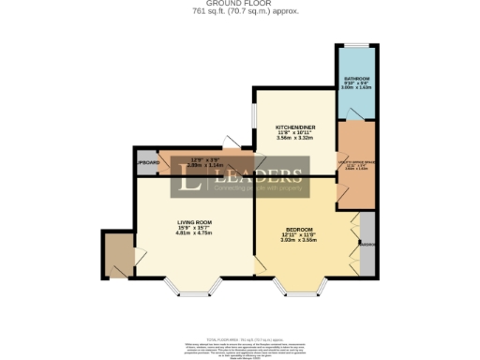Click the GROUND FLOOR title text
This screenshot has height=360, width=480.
coord(239,5)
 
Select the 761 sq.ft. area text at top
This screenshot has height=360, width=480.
coord(239,13)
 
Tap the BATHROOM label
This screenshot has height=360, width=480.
coord(356,79)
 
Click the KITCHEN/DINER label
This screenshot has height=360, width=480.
coord(292,126)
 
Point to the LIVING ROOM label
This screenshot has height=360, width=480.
coord(197,222)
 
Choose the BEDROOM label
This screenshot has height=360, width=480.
coord(300,227)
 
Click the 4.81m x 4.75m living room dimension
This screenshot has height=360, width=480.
coord(197,233)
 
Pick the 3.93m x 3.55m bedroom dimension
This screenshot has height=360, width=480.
coord(300,239)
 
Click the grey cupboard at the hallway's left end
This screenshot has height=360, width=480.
coord(147,162)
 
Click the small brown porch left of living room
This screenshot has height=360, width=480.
coord(119,254)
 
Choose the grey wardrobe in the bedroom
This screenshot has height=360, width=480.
coord(367,243)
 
